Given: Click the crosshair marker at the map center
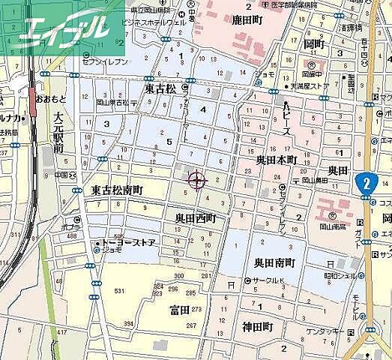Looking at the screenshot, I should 197,180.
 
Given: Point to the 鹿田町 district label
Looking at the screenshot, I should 244,20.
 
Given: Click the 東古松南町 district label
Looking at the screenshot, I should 117,191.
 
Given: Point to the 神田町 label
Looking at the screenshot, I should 262,328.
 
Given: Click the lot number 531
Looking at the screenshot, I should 118,290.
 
